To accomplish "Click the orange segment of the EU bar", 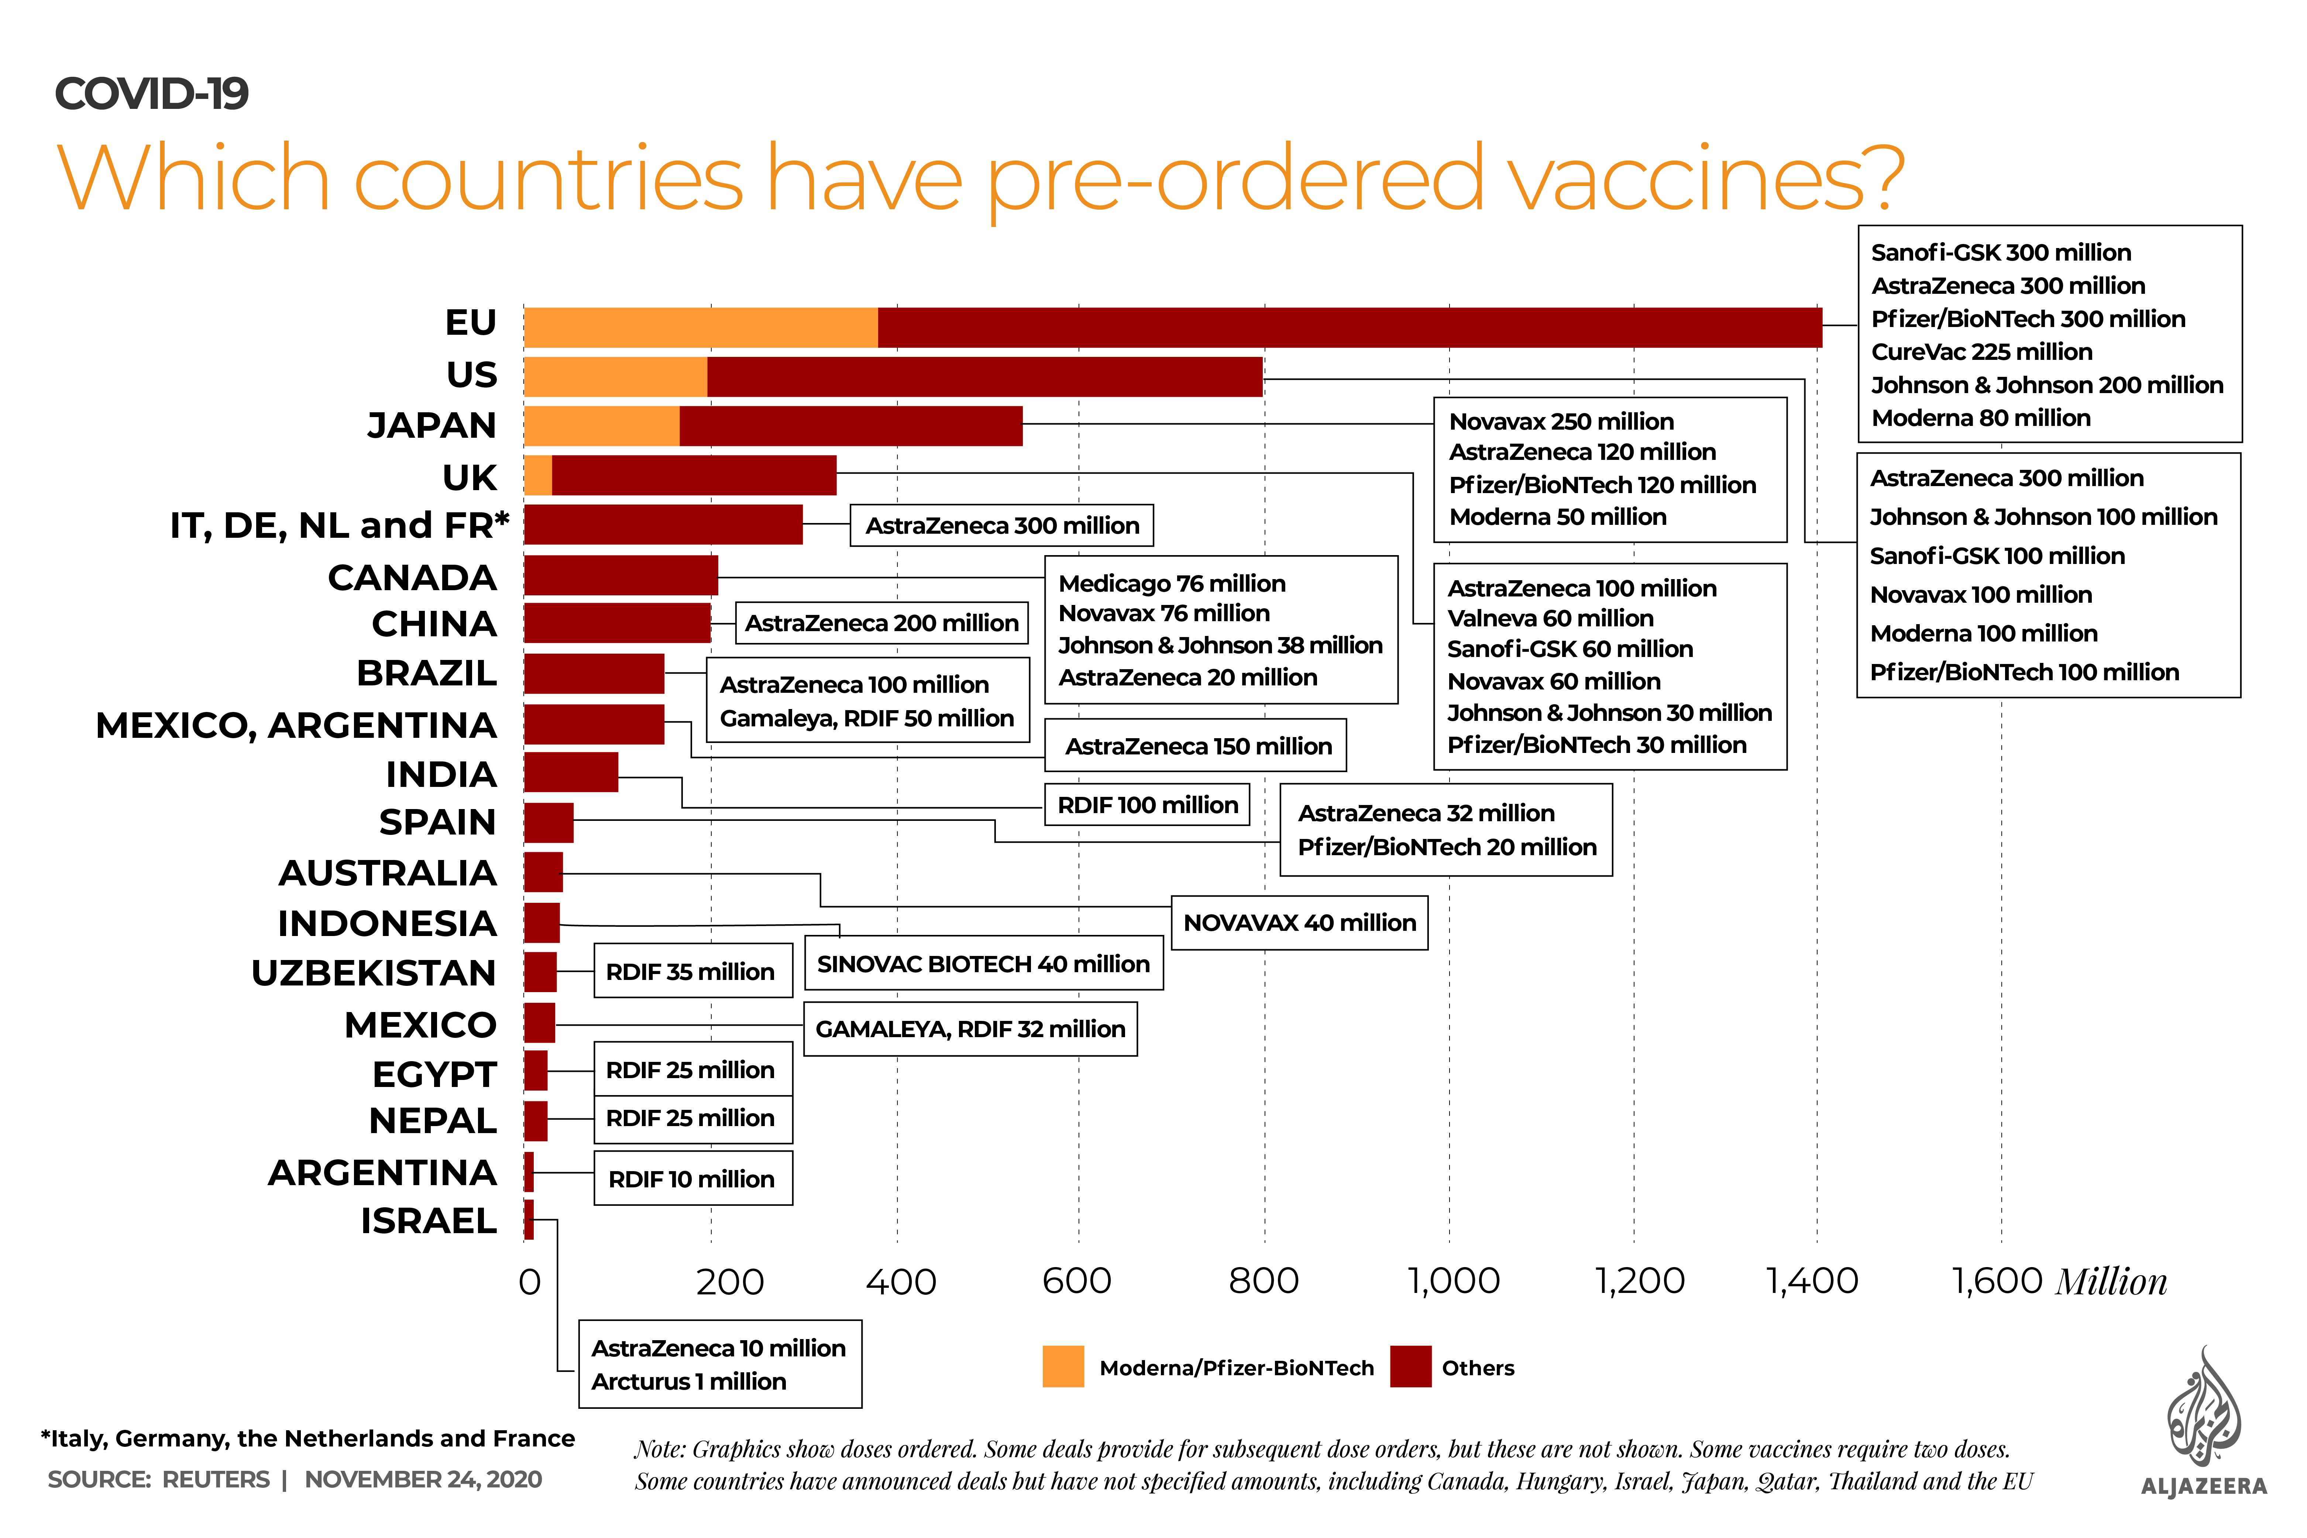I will coord(700,328).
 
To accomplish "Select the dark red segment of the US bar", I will coord(984,376).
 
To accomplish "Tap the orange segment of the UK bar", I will coord(537,476).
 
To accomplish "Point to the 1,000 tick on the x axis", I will coord(1454,1280).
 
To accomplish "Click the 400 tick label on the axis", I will coord(900,1280).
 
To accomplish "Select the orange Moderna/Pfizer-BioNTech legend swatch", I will coord(1063,1366).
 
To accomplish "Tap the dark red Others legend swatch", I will coord(1410,1366).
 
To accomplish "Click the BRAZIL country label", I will coord(427,674).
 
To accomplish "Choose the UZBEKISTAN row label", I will coord(374,973).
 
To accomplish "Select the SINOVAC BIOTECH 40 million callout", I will coord(983,964).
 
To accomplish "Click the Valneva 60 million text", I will coord(1550,618).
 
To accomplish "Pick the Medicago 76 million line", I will coord(1171,584).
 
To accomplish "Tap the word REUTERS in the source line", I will coord(216,1479).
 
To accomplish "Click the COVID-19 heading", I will coord(152,94).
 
